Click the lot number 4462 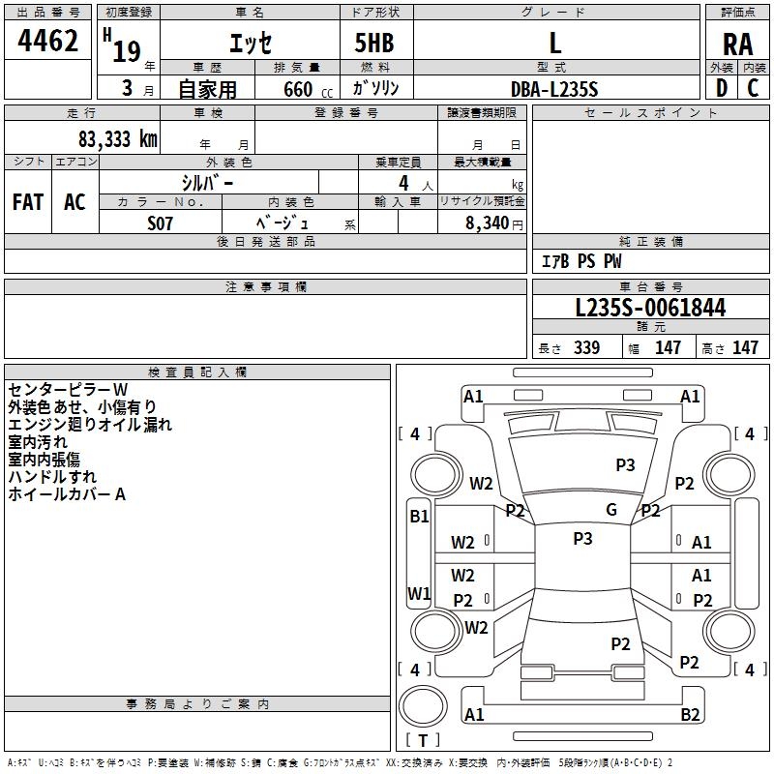tap(48, 42)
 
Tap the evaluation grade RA tap(737, 44)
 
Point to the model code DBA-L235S tap(554, 89)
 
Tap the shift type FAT tap(27, 202)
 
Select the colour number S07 tap(161, 222)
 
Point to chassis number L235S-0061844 tap(650, 309)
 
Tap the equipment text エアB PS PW tap(580, 261)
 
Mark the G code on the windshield tap(610, 510)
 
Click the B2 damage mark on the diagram tap(690, 715)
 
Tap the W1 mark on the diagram tap(418, 593)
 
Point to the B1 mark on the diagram tap(418, 517)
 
